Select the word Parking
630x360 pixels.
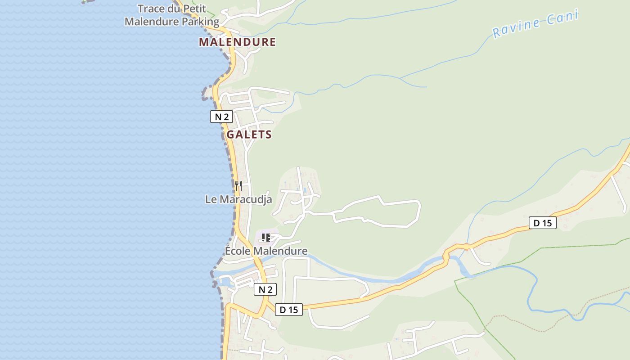[x=198, y=22]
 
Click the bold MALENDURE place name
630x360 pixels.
[x=237, y=42]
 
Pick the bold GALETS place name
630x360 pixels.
[x=249, y=135]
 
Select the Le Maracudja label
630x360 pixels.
[x=238, y=199]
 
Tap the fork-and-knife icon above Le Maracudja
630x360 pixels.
[x=238, y=185]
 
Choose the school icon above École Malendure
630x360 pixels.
[x=265, y=237]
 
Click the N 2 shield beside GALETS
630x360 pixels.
[x=221, y=117]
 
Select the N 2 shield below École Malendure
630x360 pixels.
[x=265, y=289]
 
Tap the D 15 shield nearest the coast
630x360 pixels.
[x=289, y=310]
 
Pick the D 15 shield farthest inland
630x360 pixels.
[x=542, y=223]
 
